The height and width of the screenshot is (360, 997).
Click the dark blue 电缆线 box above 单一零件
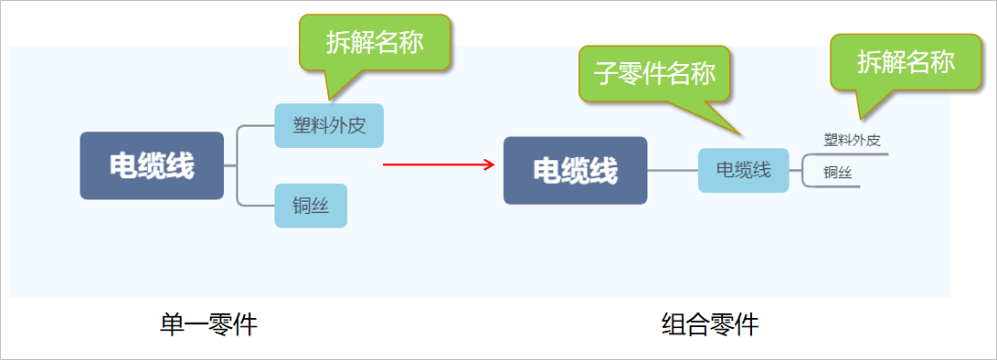coord(152,165)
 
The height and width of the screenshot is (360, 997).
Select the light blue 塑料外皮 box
coord(329,125)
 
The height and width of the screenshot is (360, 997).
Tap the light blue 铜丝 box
coord(311,206)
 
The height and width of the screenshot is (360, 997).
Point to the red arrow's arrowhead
coord(490,164)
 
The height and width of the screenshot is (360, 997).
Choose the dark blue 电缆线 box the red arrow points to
coord(575,171)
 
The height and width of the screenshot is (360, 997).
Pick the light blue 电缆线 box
coord(743,170)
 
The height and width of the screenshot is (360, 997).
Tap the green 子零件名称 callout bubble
coord(654,74)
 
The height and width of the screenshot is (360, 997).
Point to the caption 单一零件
coord(208,325)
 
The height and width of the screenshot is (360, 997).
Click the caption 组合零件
coord(710,325)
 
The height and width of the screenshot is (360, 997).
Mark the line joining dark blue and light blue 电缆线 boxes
coord(673,171)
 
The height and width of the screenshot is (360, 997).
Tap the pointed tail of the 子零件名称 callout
coord(741,134)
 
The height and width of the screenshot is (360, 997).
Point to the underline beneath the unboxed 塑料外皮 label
coord(845,154)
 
